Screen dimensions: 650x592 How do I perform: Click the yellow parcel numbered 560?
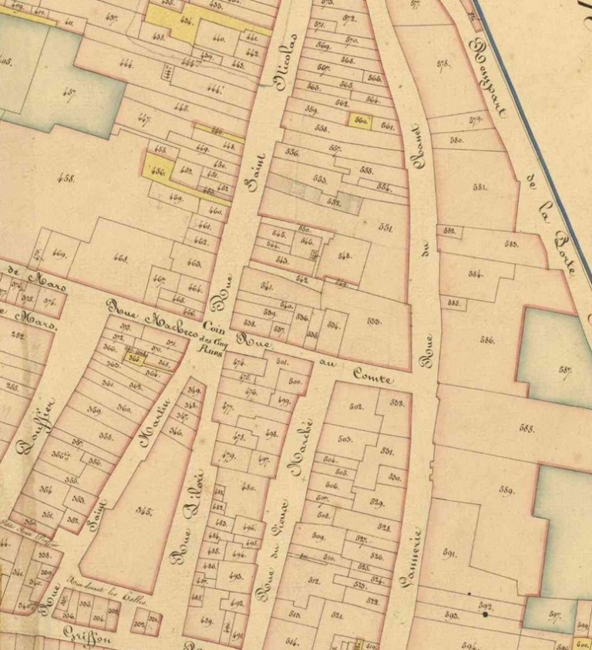(360, 121)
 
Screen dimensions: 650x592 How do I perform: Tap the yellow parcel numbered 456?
(159, 171)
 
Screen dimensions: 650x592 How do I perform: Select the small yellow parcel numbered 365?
(136, 358)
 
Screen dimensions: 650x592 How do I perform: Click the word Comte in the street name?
(373, 376)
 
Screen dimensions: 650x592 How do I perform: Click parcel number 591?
(451, 552)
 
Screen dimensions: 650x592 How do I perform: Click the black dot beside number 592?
(485, 615)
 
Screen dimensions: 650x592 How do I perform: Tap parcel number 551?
(385, 228)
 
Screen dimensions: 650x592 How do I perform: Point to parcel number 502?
(356, 406)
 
